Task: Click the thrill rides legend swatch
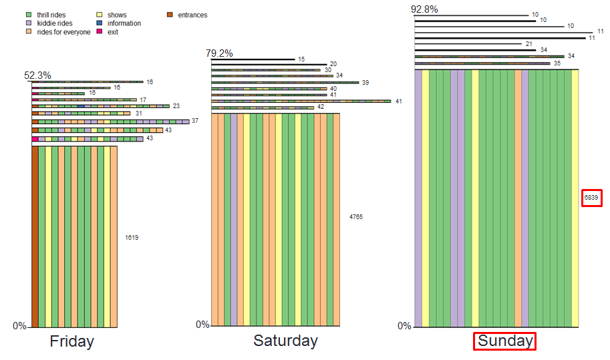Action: tap(28, 15)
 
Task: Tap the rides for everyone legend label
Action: tap(63, 32)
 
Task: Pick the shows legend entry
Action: tap(116, 15)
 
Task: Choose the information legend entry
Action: tap(124, 23)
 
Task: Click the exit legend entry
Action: tap(112, 32)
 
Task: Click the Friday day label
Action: tap(71, 341)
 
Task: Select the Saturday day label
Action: tap(285, 341)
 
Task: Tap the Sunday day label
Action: tap(505, 341)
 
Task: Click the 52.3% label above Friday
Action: tap(37, 75)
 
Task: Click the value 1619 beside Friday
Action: tap(132, 237)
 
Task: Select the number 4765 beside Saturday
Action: tap(356, 217)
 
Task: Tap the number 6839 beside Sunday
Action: tap(591, 198)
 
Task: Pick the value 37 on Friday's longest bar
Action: tap(195, 121)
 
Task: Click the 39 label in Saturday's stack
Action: tap(365, 82)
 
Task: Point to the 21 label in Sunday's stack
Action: tap(529, 43)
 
